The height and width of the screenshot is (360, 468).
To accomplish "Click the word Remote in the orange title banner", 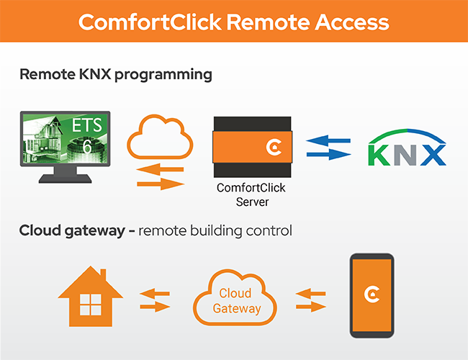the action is coord(268,22).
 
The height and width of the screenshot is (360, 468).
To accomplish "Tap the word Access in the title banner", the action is coord(352,22).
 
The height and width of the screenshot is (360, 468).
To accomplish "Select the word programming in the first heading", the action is coord(163,75).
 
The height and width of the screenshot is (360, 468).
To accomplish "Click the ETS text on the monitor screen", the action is coord(87,125).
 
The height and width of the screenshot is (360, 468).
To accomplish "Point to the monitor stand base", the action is coord(65,179).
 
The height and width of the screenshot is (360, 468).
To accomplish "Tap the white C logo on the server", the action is coord(274,147).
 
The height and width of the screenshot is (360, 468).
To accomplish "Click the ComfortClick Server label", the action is coord(251,194).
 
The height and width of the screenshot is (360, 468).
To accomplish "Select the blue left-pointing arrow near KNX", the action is coord(328,140).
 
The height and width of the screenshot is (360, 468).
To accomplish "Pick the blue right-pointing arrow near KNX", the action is coord(329,154).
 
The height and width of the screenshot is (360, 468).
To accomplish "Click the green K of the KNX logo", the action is coord(379,155).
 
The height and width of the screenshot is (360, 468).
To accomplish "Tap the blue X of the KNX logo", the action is coord(433,155).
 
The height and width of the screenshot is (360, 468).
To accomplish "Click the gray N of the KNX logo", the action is coord(405,155).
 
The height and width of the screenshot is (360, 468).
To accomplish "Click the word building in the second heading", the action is coord(216,231).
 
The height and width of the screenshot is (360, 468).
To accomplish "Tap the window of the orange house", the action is coord(91,305).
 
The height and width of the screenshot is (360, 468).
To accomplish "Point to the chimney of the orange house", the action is coord(103,274).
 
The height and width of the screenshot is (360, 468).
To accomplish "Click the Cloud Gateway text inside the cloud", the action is coord(236,301).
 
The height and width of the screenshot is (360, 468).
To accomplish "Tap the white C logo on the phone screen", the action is coord(372,294).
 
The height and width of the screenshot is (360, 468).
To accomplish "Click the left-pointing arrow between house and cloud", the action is coord(155,294).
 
